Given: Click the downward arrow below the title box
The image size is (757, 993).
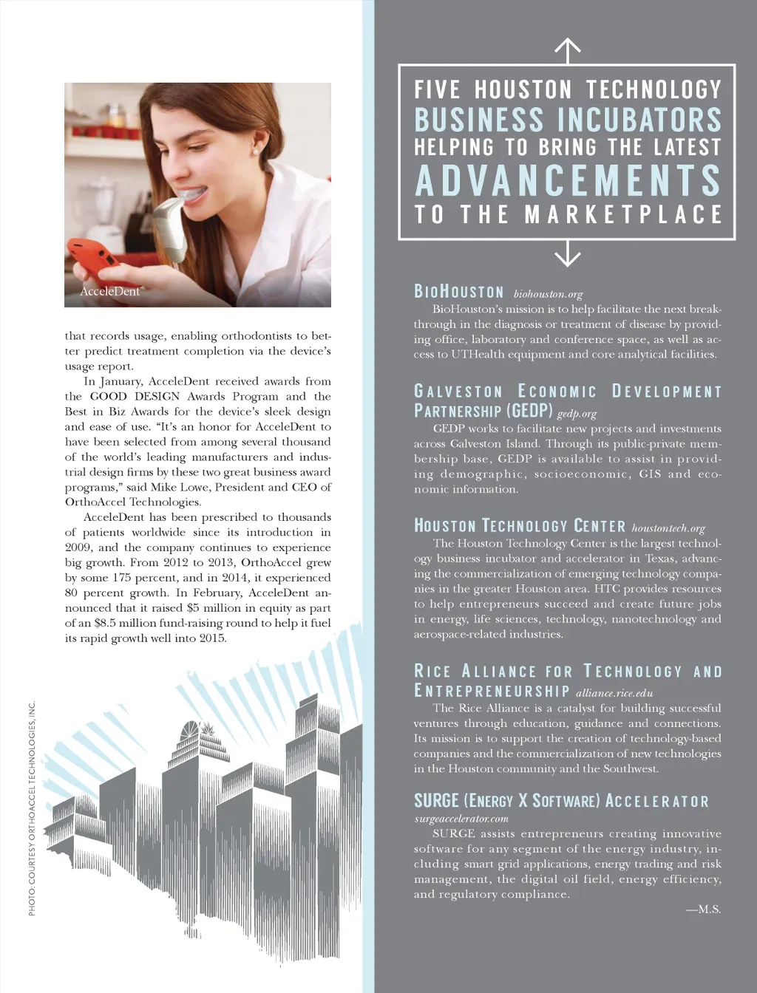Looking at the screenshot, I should coord(567,253).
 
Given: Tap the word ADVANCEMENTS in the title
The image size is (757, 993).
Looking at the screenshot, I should coord(568,181).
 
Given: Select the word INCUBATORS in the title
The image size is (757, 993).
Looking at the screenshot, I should coord(639,120).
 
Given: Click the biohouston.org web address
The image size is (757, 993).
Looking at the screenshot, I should coord(548,294).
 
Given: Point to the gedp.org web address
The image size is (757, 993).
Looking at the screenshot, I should coord(577,414).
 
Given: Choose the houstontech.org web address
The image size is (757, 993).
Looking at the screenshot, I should coord(668,528).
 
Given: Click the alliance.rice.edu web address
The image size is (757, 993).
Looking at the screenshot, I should coord(614,693).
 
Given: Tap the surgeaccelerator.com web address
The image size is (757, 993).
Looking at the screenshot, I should coord(461,819).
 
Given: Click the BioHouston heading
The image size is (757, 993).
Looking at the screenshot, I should coord(458,292).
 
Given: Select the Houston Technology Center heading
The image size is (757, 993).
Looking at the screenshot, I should coord(519,526).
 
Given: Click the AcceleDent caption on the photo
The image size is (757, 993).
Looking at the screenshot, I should coord(110,291).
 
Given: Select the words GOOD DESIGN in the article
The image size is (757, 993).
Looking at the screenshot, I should coord(135,397).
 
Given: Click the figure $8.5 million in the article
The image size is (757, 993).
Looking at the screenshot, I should coord(121,623).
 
